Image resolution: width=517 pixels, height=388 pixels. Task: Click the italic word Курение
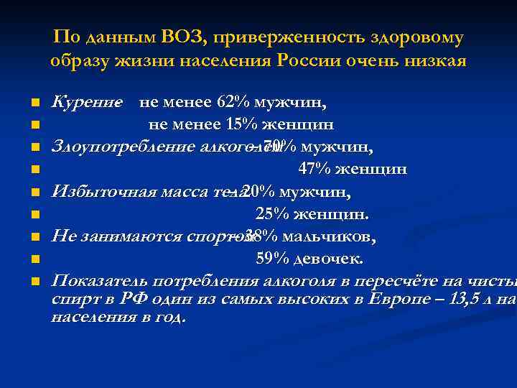click(85, 103)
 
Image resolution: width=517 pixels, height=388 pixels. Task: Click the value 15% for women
click(241, 125)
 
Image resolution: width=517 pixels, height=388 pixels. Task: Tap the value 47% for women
click(314, 170)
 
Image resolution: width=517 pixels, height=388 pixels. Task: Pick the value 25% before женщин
click(271, 214)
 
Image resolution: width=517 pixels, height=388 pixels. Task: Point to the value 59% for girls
click(272, 259)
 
